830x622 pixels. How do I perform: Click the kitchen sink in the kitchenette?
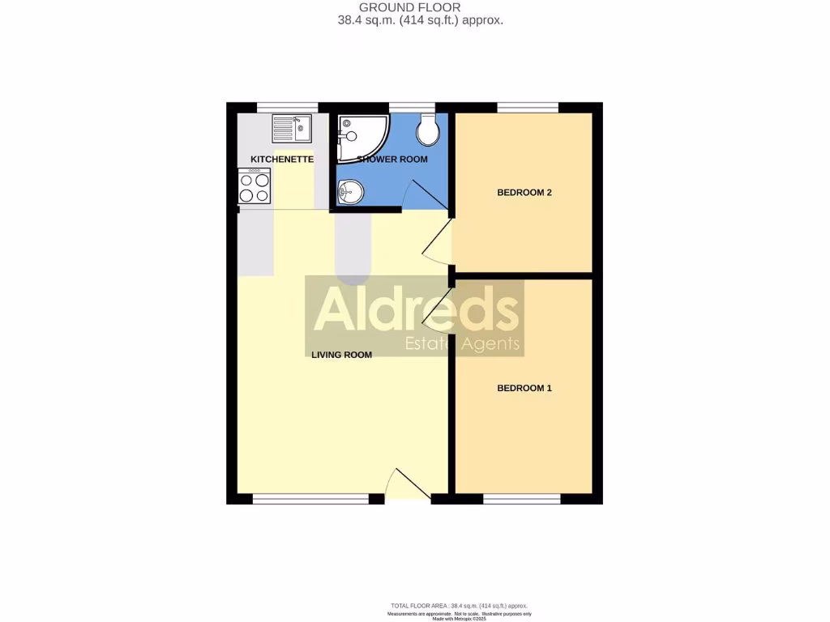coord(292,128)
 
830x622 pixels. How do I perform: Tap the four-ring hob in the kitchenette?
coord(254,187)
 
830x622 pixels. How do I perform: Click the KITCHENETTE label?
coord(282,160)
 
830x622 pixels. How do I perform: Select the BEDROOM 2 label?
coord(524,193)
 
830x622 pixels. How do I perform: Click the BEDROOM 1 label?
coord(524,388)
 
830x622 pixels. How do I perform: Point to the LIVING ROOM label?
coord(341,355)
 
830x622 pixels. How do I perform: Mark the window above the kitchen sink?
coord(287,107)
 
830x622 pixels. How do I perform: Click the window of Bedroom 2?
coord(528,107)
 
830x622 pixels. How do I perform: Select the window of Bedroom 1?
coord(522,499)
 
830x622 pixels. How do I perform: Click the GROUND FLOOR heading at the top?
coord(421,7)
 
